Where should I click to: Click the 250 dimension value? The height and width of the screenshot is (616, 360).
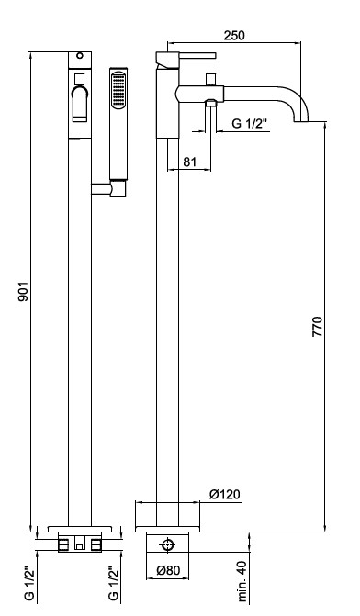(234, 36)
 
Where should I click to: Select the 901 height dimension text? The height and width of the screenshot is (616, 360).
(24, 291)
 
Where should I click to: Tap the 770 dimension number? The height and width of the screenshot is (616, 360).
(317, 326)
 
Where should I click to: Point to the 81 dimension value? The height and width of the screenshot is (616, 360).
(189, 162)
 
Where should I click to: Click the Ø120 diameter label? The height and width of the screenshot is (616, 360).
(224, 494)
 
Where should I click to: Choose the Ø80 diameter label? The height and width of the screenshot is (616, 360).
(168, 570)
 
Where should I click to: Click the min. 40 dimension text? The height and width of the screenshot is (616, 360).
(242, 581)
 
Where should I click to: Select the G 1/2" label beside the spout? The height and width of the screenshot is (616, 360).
(249, 124)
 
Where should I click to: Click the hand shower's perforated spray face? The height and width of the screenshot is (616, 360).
(118, 90)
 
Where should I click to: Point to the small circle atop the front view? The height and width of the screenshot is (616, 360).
(80, 55)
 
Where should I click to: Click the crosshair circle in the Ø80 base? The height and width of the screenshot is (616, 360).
(168, 545)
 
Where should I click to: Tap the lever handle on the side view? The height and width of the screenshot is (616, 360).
(186, 58)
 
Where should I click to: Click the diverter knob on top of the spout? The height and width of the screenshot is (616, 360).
(211, 79)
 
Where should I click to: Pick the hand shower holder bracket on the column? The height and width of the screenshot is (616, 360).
(109, 188)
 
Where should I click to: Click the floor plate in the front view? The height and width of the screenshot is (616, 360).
(80, 529)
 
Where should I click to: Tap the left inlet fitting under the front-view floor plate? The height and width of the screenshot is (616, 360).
(63, 544)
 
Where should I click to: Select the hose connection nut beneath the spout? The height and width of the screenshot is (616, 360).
(211, 103)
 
